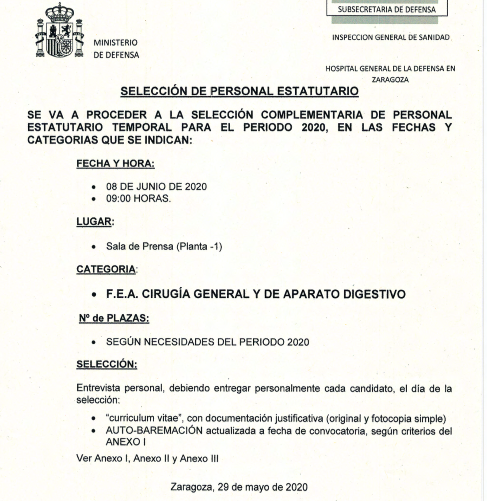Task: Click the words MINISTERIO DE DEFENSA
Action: pyautogui.click(x=116, y=49)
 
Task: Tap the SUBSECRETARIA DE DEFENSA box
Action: pyautogui.click(x=386, y=9)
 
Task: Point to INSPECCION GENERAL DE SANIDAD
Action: pyautogui.click(x=391, y=38)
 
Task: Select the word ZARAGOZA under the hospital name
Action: pyautogui.click(x=390, y=80)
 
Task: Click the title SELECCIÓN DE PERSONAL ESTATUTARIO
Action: pyautogui.click(x=240, y=91)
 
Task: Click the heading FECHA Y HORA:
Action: pyautogui.click(x=115, y=163)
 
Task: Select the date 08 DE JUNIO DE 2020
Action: pyautogui.click(x=156, y=186)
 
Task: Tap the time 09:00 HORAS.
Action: pyautogui.click(x=138, y=199)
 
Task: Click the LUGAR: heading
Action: pyautogui.click(x=95, y=222)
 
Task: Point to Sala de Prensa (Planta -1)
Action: pyautogui.click(x=164, y=247)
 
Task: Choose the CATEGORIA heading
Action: pyautogui.click(x=106, y=269)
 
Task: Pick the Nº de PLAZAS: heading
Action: pyautogui.click(x=114, y=319)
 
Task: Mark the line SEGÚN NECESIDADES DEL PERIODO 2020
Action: pyautogui.click(x=207, y=342)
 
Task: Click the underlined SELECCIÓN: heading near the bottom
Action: pyautogui.click(x=107, y=364)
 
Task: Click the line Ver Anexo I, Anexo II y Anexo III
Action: pyautogui.click(x=148, y=458)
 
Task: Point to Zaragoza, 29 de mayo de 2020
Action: pyautogui.click(x=239, y=487)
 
